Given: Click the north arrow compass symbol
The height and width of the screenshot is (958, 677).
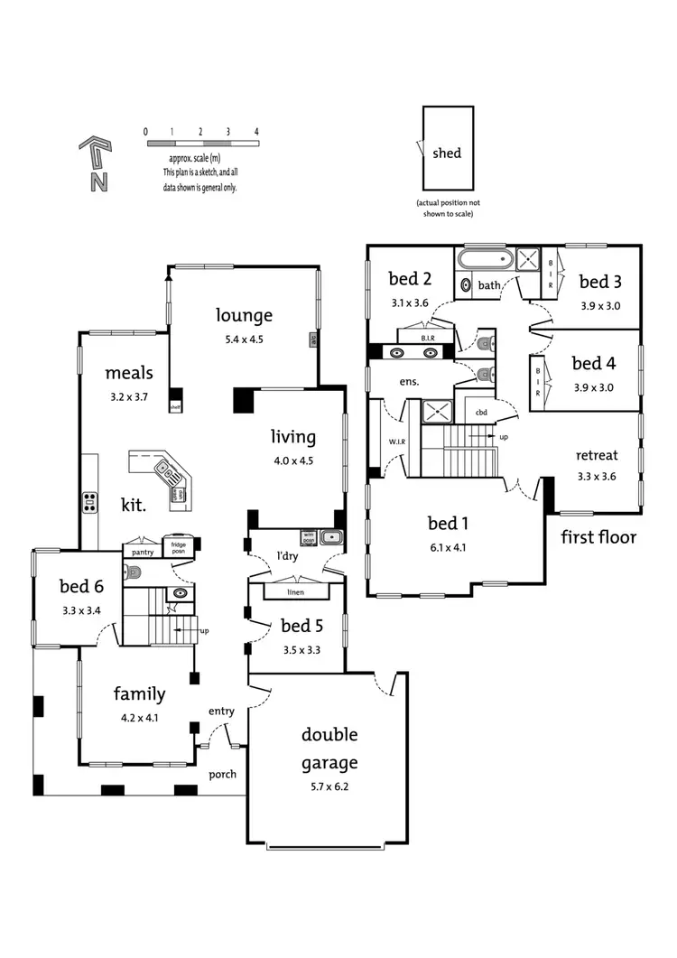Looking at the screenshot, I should (x=96, y=163).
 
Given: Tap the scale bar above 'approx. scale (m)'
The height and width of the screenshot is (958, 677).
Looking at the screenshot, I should (x=201, y=144).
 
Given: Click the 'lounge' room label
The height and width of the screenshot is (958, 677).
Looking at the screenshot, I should (x=244, y=315).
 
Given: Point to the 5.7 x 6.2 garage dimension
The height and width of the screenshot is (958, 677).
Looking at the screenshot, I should (x=329, y=786).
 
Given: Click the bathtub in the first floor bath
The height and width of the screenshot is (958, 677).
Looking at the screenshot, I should (x=485, y=261).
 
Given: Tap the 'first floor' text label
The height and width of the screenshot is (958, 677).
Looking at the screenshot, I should (x=598, y=537).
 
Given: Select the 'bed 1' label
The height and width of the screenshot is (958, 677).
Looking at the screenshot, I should (x=447, y=523).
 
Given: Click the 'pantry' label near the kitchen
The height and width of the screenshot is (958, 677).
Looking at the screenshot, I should (x=143, y=551).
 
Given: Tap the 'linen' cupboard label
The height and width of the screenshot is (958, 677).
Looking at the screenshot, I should (x=295, y=592).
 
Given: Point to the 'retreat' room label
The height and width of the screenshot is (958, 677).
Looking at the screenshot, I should (x=596, y=455).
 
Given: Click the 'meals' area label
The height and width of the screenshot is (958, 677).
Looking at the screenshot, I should (x=128, y=373).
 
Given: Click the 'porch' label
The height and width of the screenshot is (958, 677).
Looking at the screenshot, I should (x=223, y=774).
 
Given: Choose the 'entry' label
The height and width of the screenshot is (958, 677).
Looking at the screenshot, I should (x=221, y=712).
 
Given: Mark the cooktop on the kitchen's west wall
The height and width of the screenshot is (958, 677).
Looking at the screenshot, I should (x=90, y=502).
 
